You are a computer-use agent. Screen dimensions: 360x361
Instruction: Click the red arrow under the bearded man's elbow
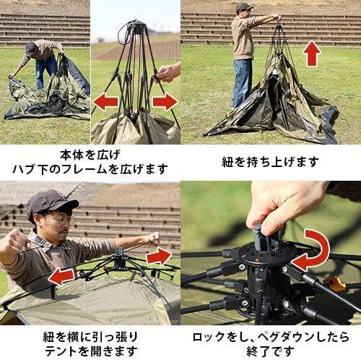pyautogui.click(x=61, y=275)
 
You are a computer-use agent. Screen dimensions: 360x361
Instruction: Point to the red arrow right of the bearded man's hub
pyautogui.click(x=159, y=256)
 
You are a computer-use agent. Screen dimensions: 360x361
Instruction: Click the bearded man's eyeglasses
pyautogui.click(x=61, y=218)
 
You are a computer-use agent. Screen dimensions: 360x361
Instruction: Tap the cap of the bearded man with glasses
pyautogui.click(x=51, y=201)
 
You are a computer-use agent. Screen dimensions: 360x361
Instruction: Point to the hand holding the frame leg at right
pyautogui.click(x=168, y=71)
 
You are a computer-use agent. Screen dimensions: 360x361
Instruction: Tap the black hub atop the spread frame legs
pyautogui.click(x=135, y=29)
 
